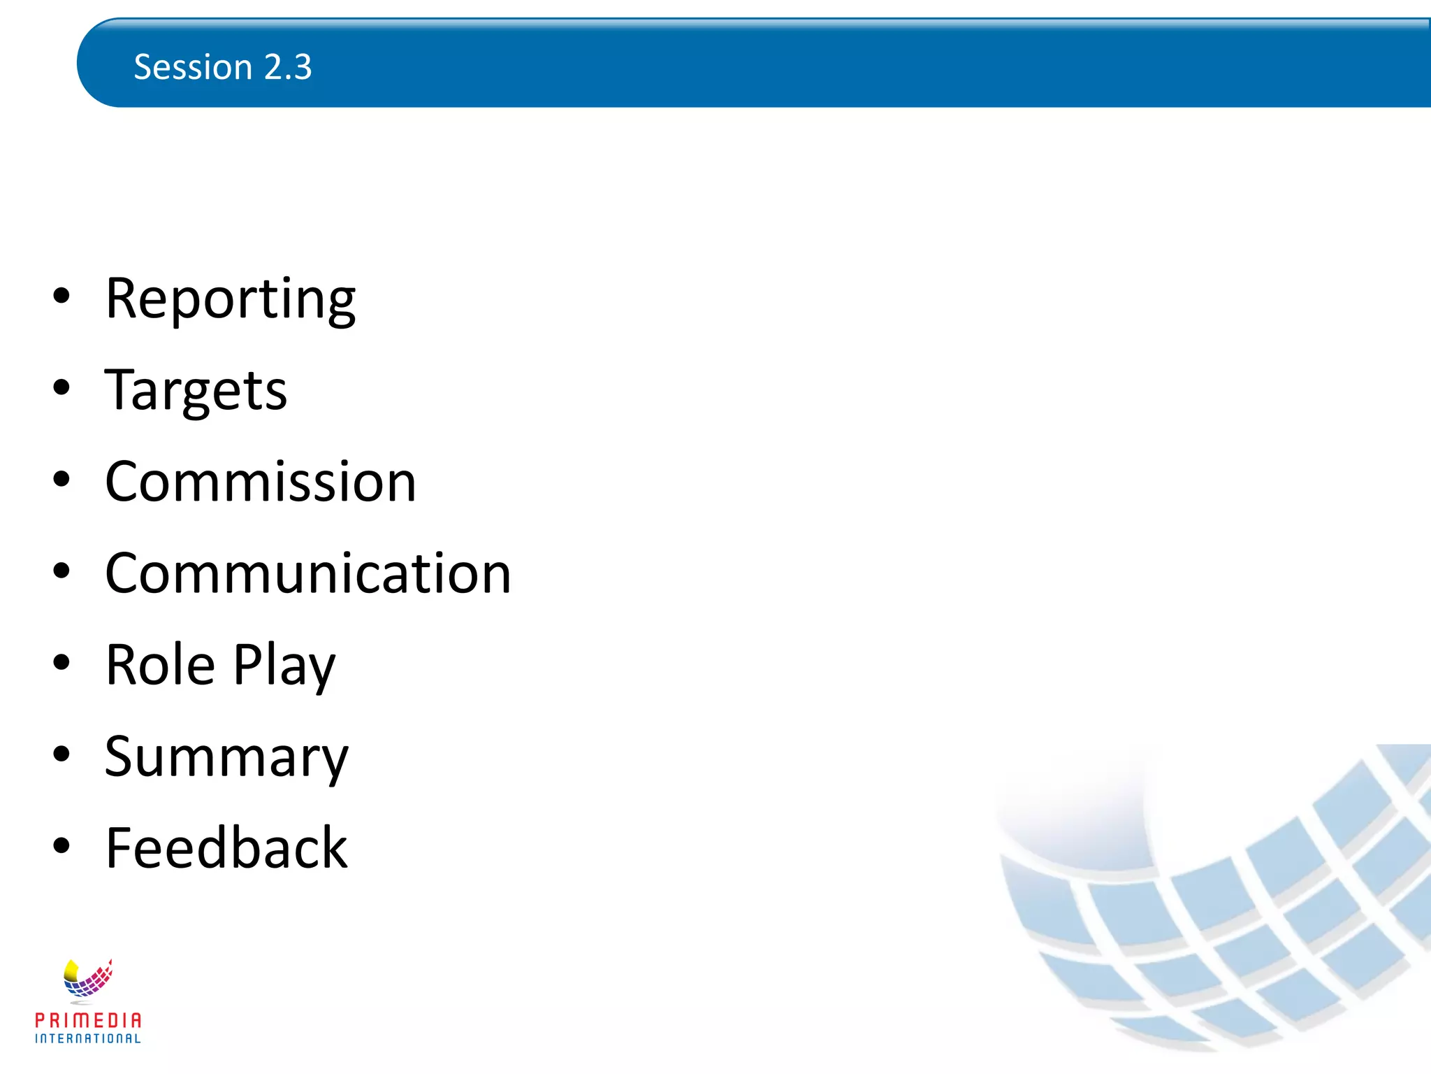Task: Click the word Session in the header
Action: [x=193, y=67]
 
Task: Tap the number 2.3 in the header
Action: [x=288, y=67]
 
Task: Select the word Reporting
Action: [x=230, y=299]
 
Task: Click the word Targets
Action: [x=196, y=390]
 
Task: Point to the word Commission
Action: [x=260, y=482]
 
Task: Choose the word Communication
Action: [x=307, y=573]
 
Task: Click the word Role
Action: [x=160, y=665]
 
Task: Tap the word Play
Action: [x=284, y=666]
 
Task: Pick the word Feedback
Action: [x=226, y=848]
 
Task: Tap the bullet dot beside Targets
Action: [x=61, y=387]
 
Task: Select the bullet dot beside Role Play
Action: [x=61, y=662]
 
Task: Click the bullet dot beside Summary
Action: [x=61, y=754]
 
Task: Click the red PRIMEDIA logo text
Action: [x=88, y=1020]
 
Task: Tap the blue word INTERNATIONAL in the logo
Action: [x=88, y=1039]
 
